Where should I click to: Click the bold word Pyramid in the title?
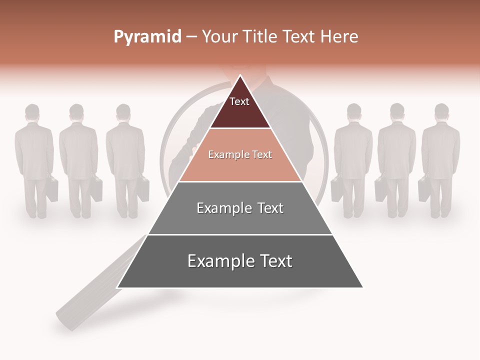147,37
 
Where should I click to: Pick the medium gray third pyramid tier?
240,220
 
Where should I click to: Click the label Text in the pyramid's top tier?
239,101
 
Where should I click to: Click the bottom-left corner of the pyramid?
118,287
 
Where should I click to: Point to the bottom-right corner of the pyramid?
362,287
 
